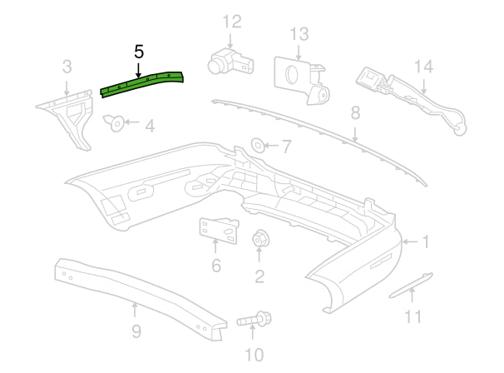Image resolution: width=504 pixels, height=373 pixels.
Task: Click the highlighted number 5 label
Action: [139, 52]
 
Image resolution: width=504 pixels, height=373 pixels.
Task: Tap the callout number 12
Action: [231, 21]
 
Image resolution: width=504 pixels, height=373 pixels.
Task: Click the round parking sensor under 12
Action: [223, 59]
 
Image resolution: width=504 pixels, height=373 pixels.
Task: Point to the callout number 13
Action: [299, 34]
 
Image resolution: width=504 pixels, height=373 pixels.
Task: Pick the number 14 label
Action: [423, 66]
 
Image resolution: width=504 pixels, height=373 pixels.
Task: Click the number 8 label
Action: [355, 112]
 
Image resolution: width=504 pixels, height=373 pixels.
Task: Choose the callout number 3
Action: [67, 65]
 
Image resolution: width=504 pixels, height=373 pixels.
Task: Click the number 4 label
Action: [149, 127]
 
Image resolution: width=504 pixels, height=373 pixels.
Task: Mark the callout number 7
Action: [286, 147]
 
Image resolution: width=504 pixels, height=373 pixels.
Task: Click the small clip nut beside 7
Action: [259, 146]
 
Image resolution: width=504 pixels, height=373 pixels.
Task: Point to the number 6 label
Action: [216, 266]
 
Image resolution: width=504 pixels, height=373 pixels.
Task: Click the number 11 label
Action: [413, 316]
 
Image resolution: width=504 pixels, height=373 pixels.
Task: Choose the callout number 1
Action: [425, 242]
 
